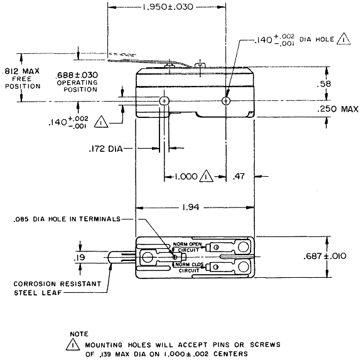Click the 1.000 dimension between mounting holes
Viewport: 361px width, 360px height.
(x=186, y=177)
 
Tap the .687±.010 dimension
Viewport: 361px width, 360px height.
(x=339, y=257)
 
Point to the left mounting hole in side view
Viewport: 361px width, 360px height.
(x=164, y=100)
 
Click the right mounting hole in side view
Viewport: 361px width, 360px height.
(x=226, y=100)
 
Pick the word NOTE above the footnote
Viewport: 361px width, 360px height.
(x=80, y=334)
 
